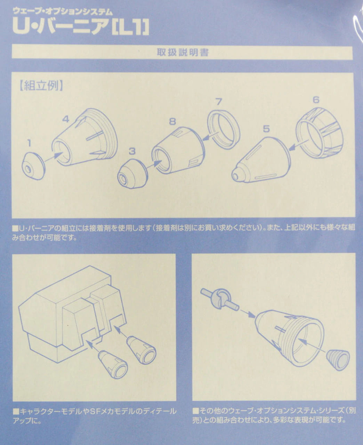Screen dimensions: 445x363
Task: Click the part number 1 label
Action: pos(29,143)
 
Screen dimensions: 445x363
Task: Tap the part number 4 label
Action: pos(66,119)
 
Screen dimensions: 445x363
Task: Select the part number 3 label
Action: pos(132,151)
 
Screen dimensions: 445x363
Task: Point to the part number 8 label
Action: pos(172,122)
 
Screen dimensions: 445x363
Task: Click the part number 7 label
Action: pos(218,102)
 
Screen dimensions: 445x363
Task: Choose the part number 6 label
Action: pos(315,100)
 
